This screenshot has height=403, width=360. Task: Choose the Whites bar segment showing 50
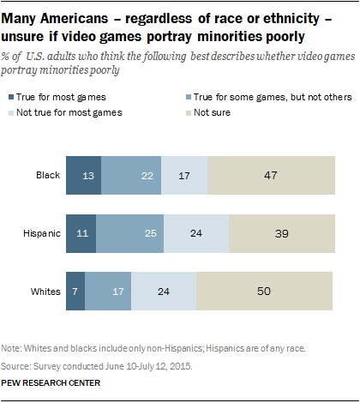tap(264, 292)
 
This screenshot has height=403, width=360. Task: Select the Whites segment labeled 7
tap(75, 292)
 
